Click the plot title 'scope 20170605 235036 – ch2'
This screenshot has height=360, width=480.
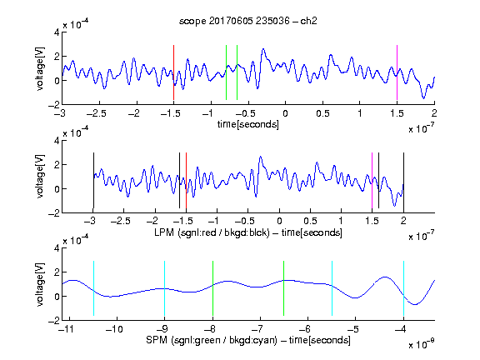pos(248,21)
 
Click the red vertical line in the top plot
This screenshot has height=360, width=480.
pos(173,72)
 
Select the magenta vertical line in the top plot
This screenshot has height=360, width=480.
pos(397,72)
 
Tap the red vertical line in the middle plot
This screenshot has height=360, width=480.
pos(186,180)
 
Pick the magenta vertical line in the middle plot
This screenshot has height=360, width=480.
pos(372,180)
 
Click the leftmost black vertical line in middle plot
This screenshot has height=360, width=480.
pos(93,180)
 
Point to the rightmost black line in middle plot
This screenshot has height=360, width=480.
pos(403,180)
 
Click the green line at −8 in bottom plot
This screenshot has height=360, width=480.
pos(212,288)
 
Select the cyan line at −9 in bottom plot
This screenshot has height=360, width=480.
pos(164,288)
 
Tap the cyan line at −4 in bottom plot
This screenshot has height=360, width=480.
pos(403,288)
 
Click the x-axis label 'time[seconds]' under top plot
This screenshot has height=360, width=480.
pos(248,124)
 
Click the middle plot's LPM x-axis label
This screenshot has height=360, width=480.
pos(248,232)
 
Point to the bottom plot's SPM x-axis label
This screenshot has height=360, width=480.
pos(248,340)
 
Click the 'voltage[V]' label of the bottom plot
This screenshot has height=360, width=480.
pos(40,284)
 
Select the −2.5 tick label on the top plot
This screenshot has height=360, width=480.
pos(97,113)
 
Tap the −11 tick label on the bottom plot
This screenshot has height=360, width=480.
pos(67,329)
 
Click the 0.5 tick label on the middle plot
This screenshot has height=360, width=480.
pos(310,221)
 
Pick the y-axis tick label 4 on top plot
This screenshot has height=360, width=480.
pos(57,32)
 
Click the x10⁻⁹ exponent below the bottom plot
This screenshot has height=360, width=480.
pos(421,344)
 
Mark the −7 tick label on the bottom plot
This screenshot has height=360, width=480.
pos(260,329)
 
